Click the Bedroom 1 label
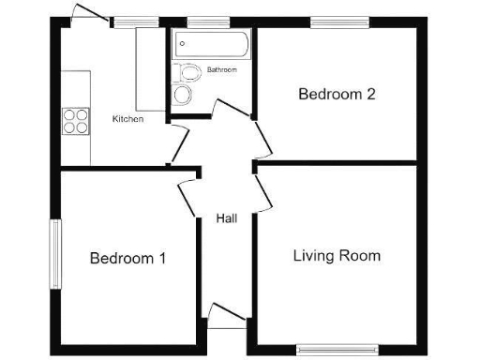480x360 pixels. (x=127, y=259)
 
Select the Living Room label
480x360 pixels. (x=337, y=255)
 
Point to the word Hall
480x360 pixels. (x=226, y=218)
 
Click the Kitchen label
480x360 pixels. (x=127, y=119)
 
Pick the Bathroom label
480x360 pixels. (x=221, y=70)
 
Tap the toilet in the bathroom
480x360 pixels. (x=188, y=71)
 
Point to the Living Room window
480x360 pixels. (x=337, y=350)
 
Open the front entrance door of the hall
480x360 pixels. (x=226, y=316)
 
